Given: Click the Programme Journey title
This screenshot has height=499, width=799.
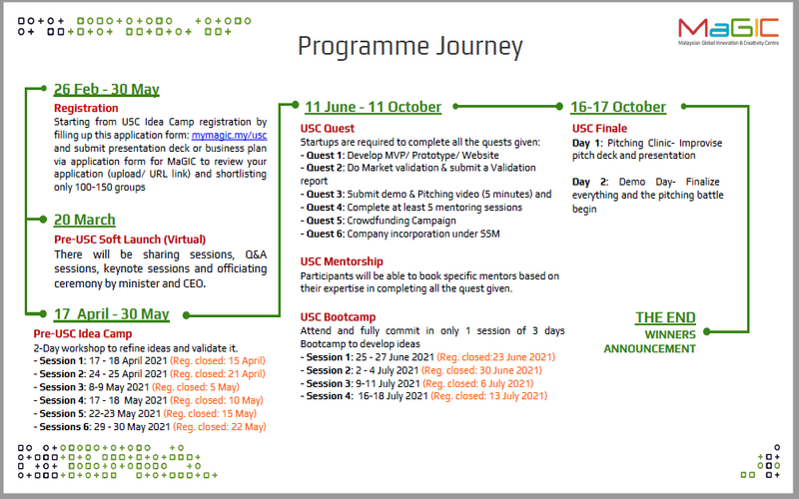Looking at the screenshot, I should [410, 46].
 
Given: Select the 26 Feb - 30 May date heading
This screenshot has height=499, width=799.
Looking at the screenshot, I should [106, 90].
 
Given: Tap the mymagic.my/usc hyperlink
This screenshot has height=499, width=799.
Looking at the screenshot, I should [230, 134].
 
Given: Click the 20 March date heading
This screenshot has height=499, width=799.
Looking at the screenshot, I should [84, 220].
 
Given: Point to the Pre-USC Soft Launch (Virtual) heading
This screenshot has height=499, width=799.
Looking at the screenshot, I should [129, 240].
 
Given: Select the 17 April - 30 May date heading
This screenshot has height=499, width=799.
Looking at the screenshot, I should [111, 313].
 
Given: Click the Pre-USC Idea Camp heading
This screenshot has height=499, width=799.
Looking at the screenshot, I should [82, 333].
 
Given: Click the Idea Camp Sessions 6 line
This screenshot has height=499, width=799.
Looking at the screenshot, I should [150, 426].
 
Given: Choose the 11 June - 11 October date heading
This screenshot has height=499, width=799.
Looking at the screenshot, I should [373, 107].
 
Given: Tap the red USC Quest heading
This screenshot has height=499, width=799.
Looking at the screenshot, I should [327, 129].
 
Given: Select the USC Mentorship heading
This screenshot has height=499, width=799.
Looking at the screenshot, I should [343, 261].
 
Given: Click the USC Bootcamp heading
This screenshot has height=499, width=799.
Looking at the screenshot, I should [339, 316].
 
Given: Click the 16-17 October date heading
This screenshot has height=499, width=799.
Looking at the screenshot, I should [617, 107].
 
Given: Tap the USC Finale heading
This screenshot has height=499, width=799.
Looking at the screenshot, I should [599, 129].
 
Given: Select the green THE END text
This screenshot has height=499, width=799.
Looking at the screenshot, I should [665, 318].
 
